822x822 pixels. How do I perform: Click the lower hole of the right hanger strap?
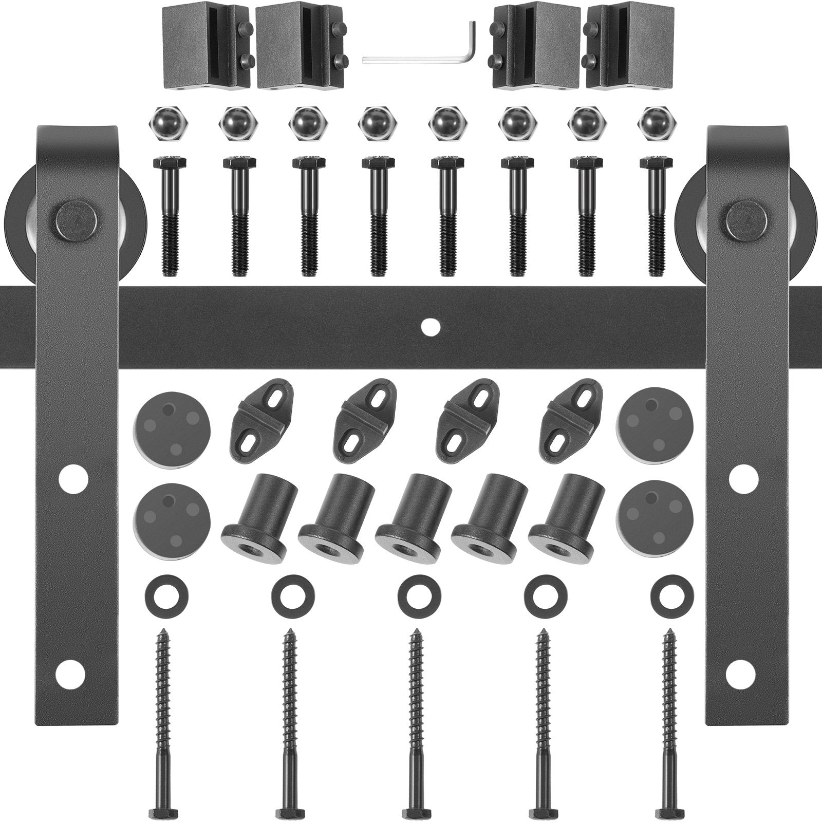click(743, 669)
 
